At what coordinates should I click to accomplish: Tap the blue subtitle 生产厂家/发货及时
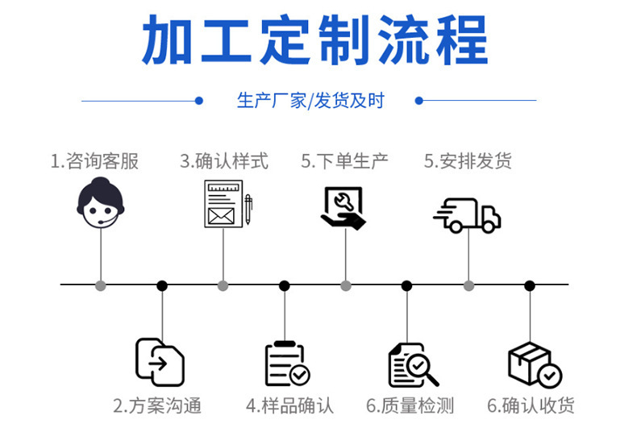click(310, 101)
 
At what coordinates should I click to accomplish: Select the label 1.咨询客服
click(94, 161)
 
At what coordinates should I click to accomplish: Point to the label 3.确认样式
click(223, 161)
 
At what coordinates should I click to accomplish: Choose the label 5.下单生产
click(344, 161)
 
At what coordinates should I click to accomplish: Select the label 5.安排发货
click(468, 161)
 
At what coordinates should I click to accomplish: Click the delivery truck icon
click(468, 215)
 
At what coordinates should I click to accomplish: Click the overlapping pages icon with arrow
click(160, 362)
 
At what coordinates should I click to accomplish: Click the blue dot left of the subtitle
click(198, 101)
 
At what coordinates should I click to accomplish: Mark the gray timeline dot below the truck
click(468, 285)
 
